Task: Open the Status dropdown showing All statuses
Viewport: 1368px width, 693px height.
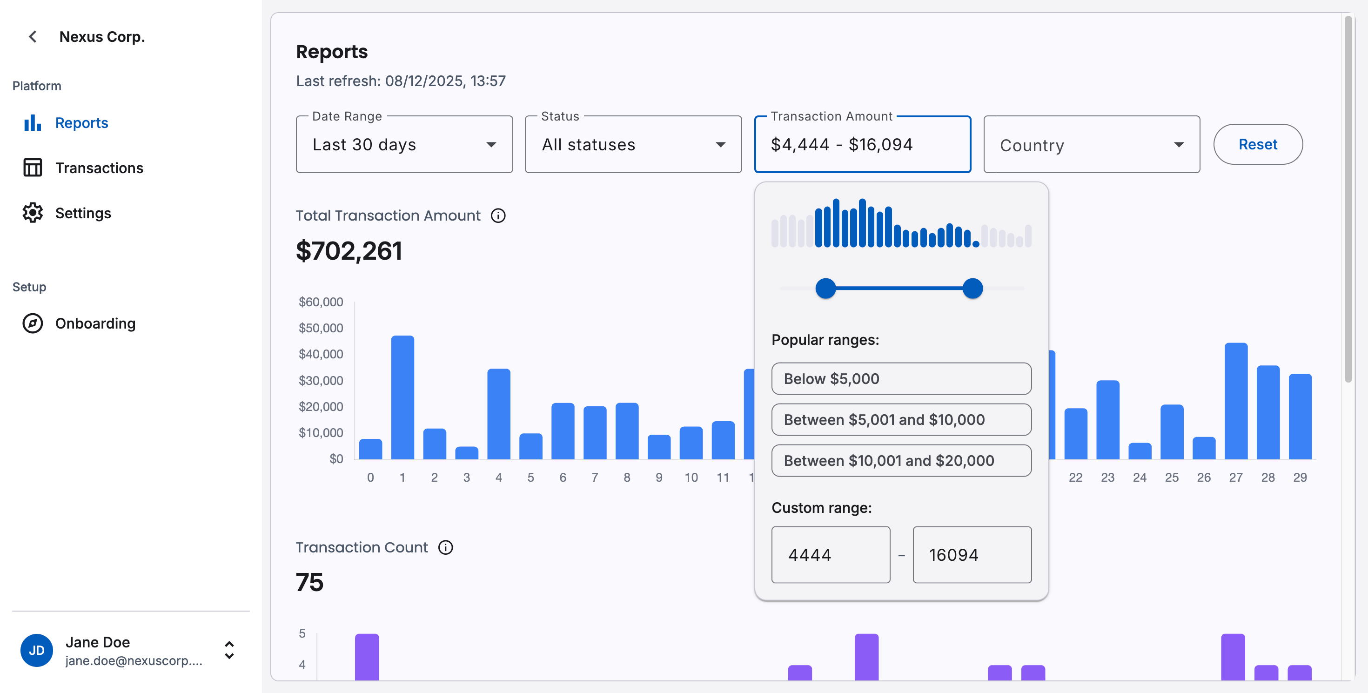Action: pyautogui.click(x=632, y=144)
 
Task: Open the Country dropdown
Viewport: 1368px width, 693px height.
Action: pyautogui.click(x=1091, y=145)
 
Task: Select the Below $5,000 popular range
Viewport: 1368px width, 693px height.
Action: pyautogui.click(x=901, y=379)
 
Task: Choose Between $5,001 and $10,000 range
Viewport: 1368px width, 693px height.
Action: pyautogui.click(x=901, y=419)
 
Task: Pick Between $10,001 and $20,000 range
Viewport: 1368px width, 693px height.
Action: pyautogui.click(x=901, y=460)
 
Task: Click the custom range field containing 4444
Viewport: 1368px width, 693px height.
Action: pyautogui.click(x=830, y=555)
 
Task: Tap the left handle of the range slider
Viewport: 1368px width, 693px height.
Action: pyautogui.click(x=825, y=289)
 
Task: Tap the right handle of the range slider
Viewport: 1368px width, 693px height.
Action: pyautogui.click(x=972, y=289)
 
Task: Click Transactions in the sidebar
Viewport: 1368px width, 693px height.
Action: pyautogui.click(x=99, y=168)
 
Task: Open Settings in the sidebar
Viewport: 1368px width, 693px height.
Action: pyautogui.click(x=83, y=213)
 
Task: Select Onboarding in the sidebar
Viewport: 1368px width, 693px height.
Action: pyautogui.click(x=95, y=323)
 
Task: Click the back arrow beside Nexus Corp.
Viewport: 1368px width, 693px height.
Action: pyautogui.click(x=33, y=37)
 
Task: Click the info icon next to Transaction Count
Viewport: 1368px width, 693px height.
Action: pyautogui.click(x=445, y=547)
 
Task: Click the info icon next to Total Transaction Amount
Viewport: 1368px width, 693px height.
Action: pyautogui.click(x=497, y=215)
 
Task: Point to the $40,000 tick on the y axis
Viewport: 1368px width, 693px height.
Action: pyautogui.click(x=321, y=354)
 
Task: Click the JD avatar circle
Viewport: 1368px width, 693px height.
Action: pyautogui.click(x=37, y=651)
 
